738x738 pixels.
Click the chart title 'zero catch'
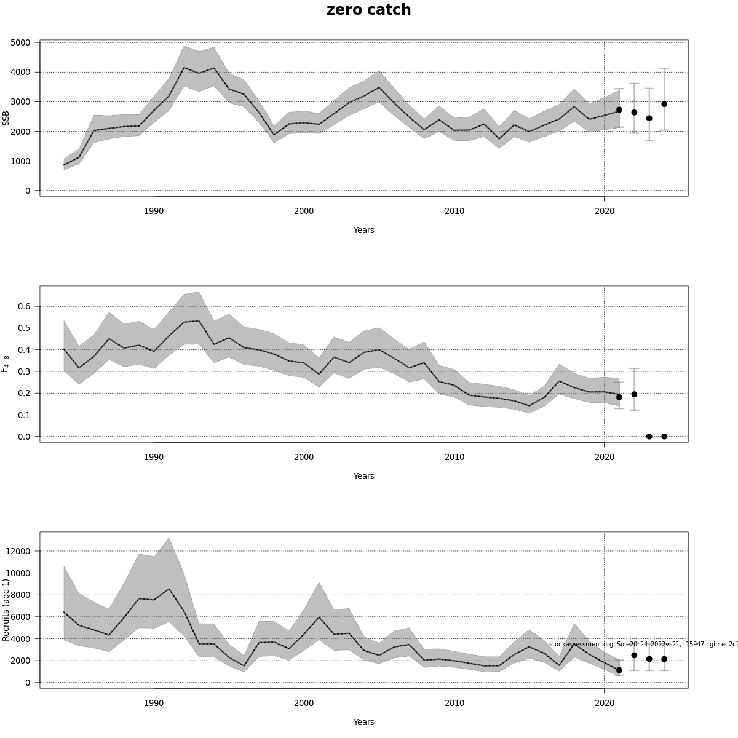[368, 10]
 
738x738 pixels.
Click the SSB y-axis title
[6, 118]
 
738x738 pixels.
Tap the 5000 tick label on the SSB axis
[20, 42]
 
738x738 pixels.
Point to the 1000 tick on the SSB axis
[20, 161]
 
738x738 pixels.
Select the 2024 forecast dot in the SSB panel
[664, 105]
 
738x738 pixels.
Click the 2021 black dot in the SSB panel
[619, 109]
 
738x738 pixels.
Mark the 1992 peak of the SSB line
[184, 68]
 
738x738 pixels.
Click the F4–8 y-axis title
[6, 363]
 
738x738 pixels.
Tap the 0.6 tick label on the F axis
[24, 306]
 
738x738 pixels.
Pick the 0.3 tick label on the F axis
[24, 371]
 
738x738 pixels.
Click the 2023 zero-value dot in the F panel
[649, 437]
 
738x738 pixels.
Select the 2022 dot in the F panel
[634, 394]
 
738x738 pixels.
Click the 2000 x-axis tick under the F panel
[304, 457]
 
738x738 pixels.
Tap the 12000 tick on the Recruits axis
[18, 551]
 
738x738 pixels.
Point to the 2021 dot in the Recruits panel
[619, 670]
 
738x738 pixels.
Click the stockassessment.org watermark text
[643, 644]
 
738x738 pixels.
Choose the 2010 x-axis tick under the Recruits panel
[454, 703]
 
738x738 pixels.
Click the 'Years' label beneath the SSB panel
[363, 230]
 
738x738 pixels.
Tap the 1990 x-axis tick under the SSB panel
[154, 211]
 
